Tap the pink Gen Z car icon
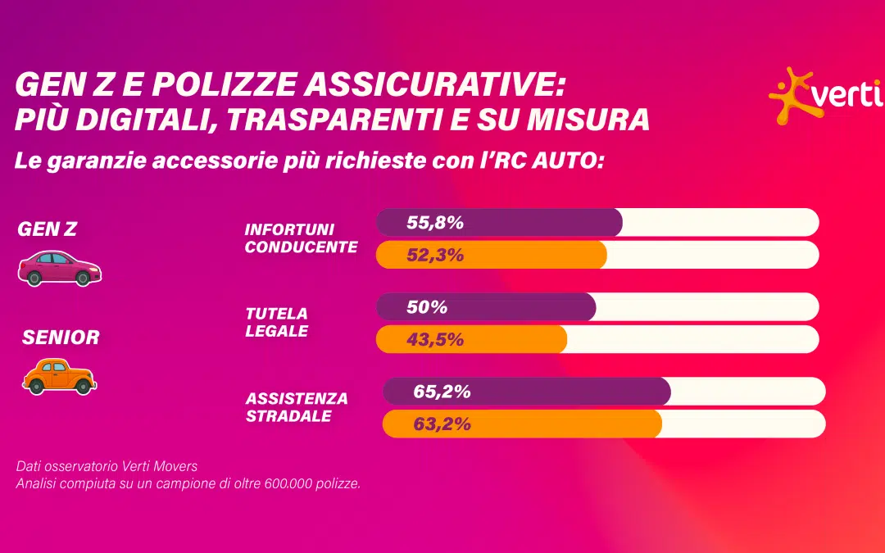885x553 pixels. click(60, 269)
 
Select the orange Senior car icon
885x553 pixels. click(59, 376)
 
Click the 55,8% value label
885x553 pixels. click(435, 222)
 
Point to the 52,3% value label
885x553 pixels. click(435, 255)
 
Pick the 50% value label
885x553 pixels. click(427, 307)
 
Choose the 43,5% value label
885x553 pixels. click(435, 339)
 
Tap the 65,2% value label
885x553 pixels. click(442, 392)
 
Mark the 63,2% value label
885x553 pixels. click(442, 424)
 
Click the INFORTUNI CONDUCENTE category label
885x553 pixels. click(301, 238)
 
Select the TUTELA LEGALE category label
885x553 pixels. click(277, 322)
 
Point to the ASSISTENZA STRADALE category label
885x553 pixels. click(297, 407)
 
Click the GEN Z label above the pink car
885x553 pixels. click(47, 230)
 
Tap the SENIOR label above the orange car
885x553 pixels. click(61, 337)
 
